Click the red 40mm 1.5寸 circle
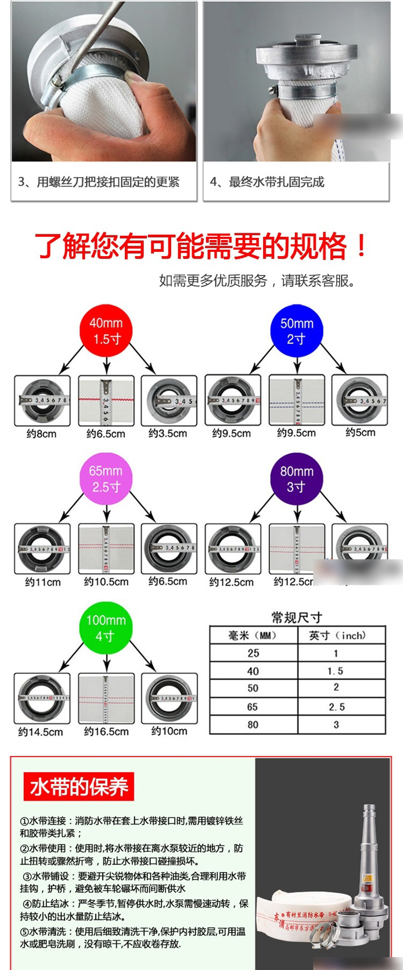[x=106, y=331]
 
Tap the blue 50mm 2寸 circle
[x=297, y=331]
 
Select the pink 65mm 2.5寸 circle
[x=106, y=479]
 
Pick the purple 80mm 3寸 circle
[x=297, y=479]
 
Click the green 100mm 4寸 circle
[x=106, y=628]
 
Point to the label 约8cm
[x=41, y=433]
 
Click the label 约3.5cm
[x=168, y=433]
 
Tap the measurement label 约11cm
[x=42, y=582]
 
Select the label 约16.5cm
[x=106, y=731]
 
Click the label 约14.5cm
[x=40, y=732]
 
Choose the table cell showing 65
[x=253, y=707]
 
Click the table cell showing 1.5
[x=335, y=671]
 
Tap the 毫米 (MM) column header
[x=253, y=636]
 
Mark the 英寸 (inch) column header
[x=337, y=636]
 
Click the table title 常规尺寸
[x=297, y=617]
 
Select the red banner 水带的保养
[x=78, y=787]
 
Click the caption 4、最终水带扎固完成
[x=267, y=182]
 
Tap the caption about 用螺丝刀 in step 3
[x=99, y=182]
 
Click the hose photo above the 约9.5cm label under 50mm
[x=297, y=400]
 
